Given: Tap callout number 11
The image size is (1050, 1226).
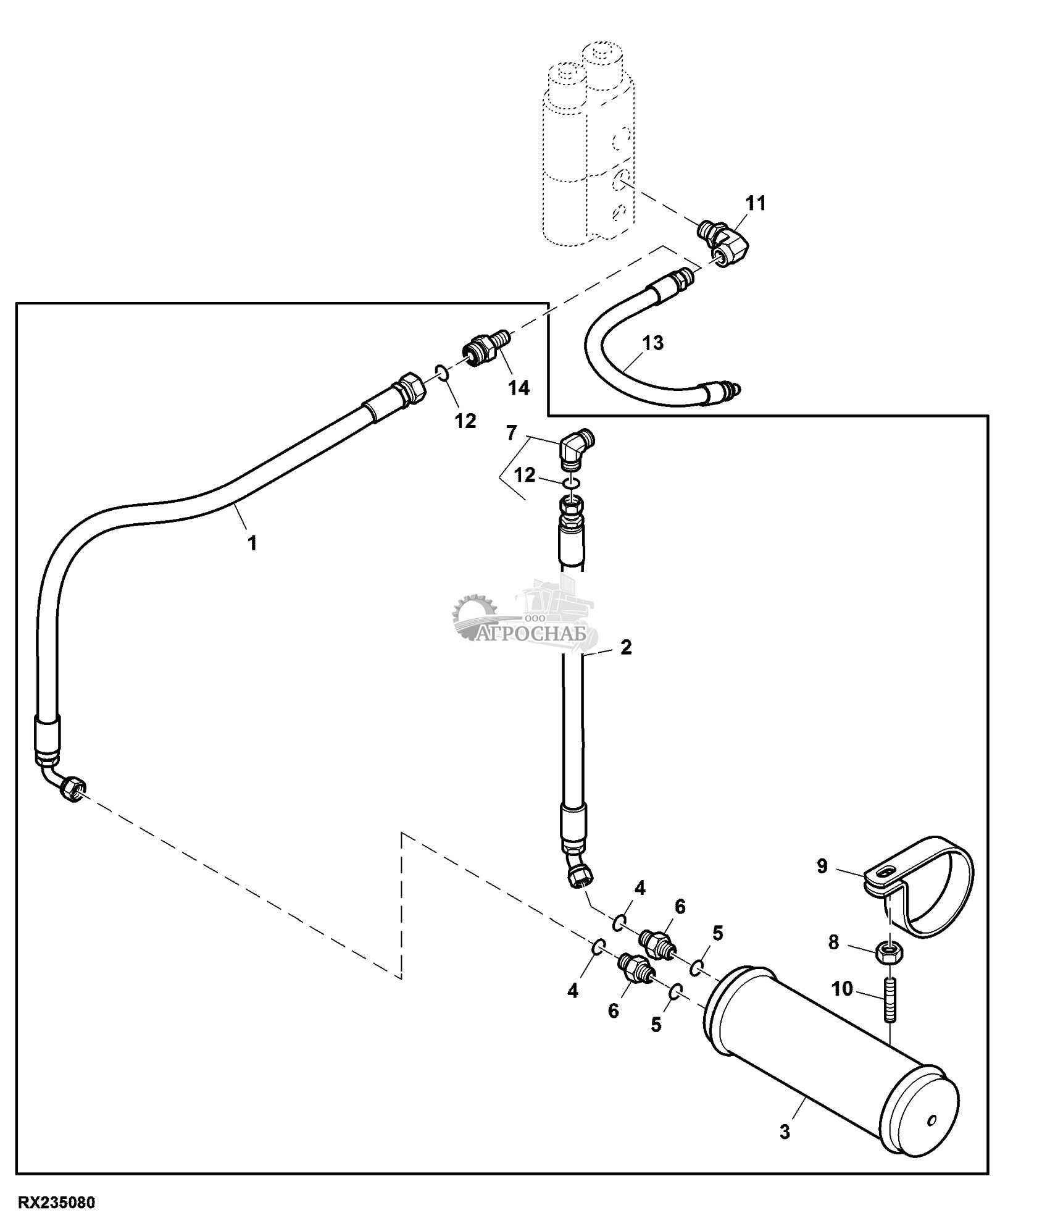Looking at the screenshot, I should tap(756, 203).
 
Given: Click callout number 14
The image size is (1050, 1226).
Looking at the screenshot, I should tap(519, 388).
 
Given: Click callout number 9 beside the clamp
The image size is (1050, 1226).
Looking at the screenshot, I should tap(822, 867).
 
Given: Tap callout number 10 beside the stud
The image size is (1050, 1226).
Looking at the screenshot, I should tap(842, 989).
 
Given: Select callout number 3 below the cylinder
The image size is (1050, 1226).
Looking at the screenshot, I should tap(785, 1133).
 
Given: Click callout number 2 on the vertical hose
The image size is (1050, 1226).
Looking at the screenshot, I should tap(626, 647).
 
